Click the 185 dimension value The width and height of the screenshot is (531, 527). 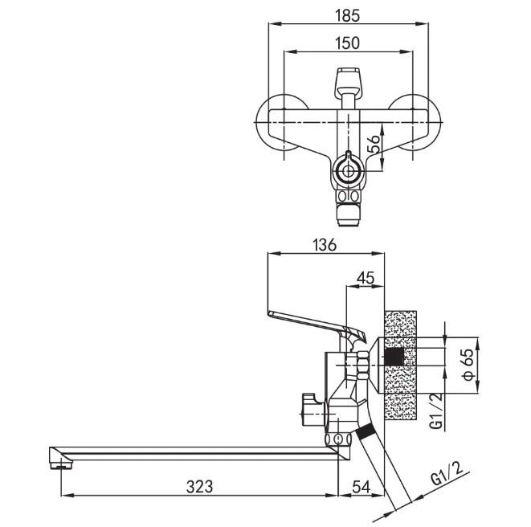point(348,16)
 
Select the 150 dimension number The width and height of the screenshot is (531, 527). point(348,43)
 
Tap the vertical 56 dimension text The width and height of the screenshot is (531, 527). point(374,145)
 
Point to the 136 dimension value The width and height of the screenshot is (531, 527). point(325,244)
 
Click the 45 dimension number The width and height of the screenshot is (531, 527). point(366,278)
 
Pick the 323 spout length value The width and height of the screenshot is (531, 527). point(199,487)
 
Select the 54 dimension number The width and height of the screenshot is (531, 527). point(361,487)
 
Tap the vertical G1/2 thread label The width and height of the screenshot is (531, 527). point(438,411)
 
